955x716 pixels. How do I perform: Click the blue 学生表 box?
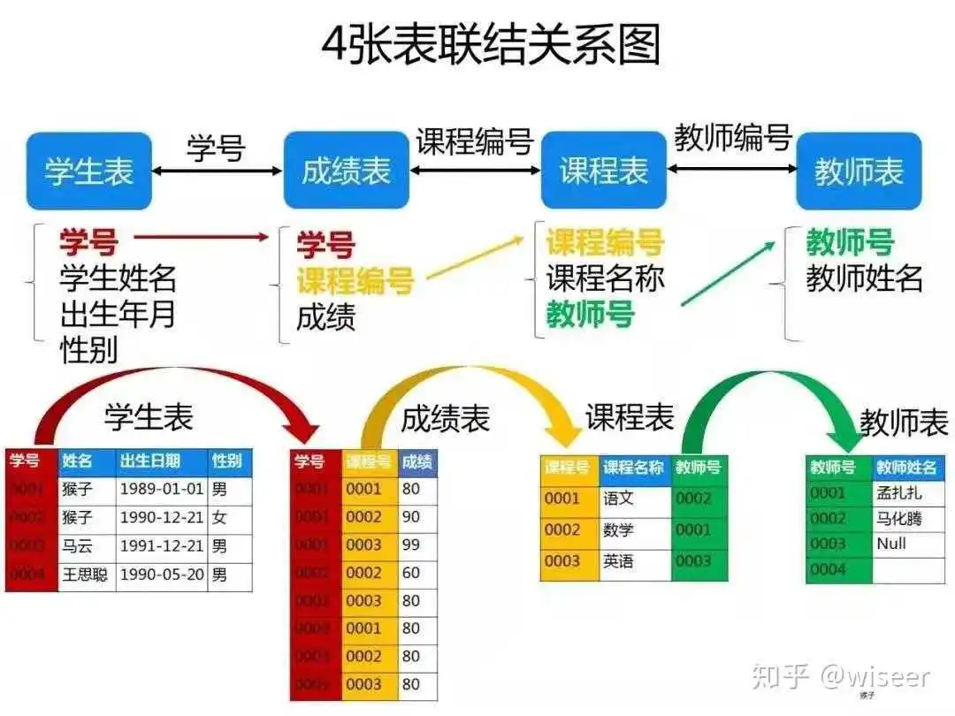89,171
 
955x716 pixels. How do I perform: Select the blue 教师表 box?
859,171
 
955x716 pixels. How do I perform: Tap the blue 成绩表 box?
346,171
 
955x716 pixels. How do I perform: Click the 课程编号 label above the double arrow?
475,141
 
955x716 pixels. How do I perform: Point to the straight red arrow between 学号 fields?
202,236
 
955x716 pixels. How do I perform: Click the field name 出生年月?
118,314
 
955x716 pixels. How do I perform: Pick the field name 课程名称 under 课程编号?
605,278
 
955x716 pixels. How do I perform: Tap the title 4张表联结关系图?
491,44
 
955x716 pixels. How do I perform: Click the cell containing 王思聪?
86,575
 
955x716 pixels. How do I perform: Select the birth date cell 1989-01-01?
161,489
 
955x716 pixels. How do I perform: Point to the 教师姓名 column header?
906,468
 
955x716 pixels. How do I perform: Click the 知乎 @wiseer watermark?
841,678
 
